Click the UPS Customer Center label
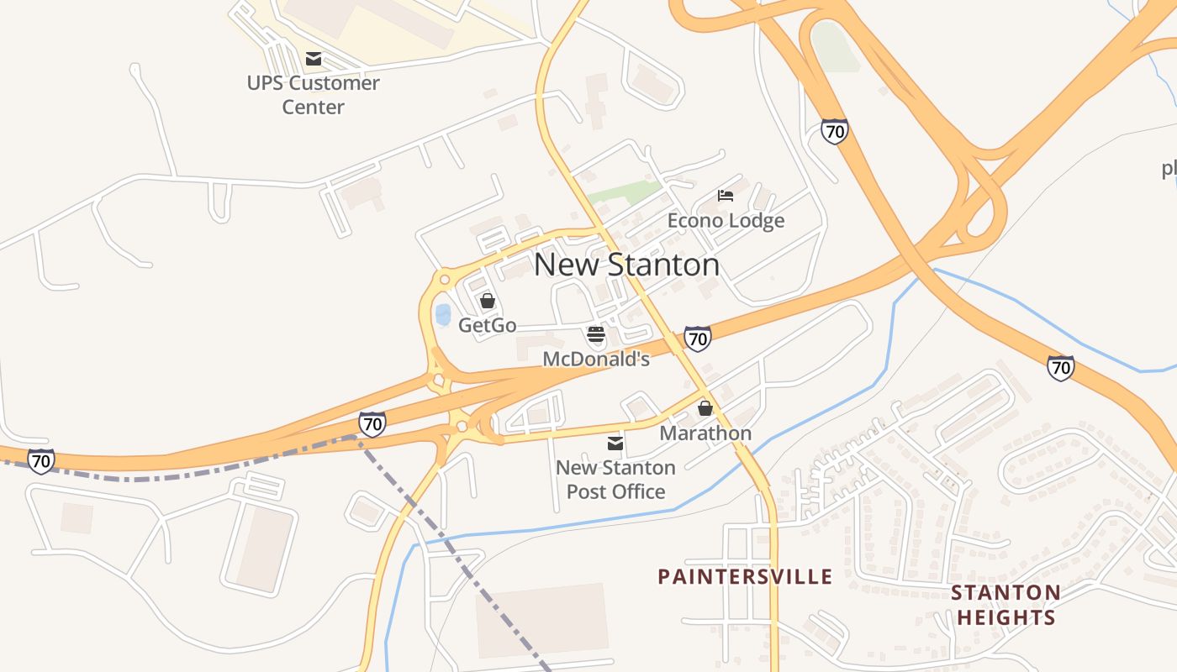tap(313, 95)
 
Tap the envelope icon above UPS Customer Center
tap(314, 59)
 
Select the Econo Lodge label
tap(726, 220)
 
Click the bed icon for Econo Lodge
tap(726, 196)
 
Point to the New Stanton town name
tap(626, 265)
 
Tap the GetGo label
tap(487, 325)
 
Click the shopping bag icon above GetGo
tap(487, 301)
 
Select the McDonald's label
tap(596, 360)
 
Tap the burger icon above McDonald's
tap(596, 335)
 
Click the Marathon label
tap(705, 433)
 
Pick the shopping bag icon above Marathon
tap(705, 408)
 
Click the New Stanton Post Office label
tap(615, 480)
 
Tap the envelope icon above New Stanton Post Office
tap(615, 443)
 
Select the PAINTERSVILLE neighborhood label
tap(745, 577)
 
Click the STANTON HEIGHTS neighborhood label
tap(1005, 605)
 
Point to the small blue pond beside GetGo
tap(442, 315)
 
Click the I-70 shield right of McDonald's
tap(697, 339)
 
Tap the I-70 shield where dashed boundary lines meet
tap(372, 424)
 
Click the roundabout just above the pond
tap(443, 278)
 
